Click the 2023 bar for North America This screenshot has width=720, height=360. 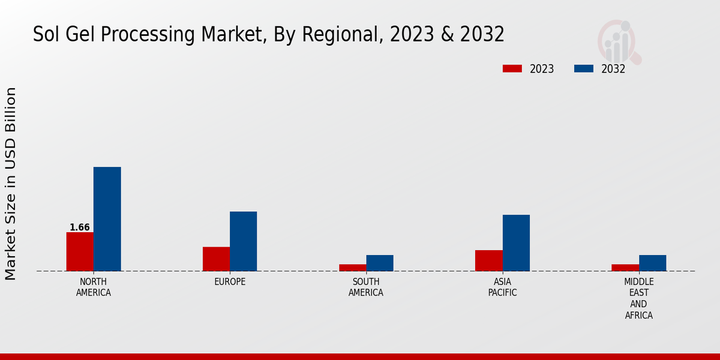coord(80,251)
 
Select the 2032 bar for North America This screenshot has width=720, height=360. coord(107,219)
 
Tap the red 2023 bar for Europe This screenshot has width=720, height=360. coord(216,259)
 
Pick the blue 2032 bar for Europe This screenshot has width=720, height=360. coord(243,241)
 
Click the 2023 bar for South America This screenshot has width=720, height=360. coord(352,268)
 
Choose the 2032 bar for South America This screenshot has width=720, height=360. coord(380,263)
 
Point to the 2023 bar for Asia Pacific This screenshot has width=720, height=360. coord(488,260)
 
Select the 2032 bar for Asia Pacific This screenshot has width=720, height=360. coord(516,243)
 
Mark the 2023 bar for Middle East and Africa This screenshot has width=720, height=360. coord(625,268)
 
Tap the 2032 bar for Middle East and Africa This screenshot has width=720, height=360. coord(652,263)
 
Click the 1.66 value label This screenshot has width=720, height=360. coord(80,227)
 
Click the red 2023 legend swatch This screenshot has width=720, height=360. coord(512,68)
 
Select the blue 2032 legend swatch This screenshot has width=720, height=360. coord(583,68)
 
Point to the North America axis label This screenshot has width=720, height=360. coord(94,287)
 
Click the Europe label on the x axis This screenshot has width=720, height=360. coord(230,282)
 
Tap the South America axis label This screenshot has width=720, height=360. coord(366,287)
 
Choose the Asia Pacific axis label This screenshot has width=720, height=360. coord(502,287)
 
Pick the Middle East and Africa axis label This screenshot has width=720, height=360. coord(638,298)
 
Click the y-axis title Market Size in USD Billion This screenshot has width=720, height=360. coord(11,183)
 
